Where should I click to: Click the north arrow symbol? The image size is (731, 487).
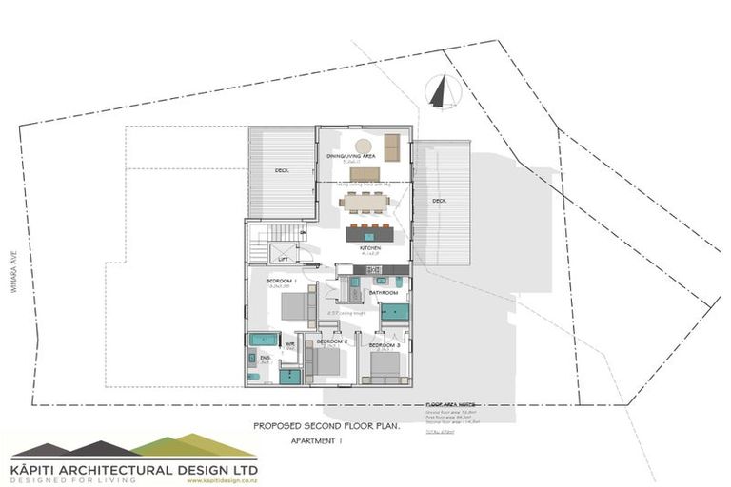click(439, 92)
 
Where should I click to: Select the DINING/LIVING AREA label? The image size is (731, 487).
click(349, 155)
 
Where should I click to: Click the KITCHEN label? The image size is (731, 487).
click(370, 248)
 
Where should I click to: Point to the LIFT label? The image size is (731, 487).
click(283, 258)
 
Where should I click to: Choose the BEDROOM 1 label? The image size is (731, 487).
click(283, 282)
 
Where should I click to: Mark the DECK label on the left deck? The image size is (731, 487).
click(283, 170)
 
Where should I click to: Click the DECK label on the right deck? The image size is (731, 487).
click(439, 201)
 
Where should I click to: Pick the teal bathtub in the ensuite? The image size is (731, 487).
click(263, 340)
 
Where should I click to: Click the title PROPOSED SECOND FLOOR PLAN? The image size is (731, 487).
click(326, 427)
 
